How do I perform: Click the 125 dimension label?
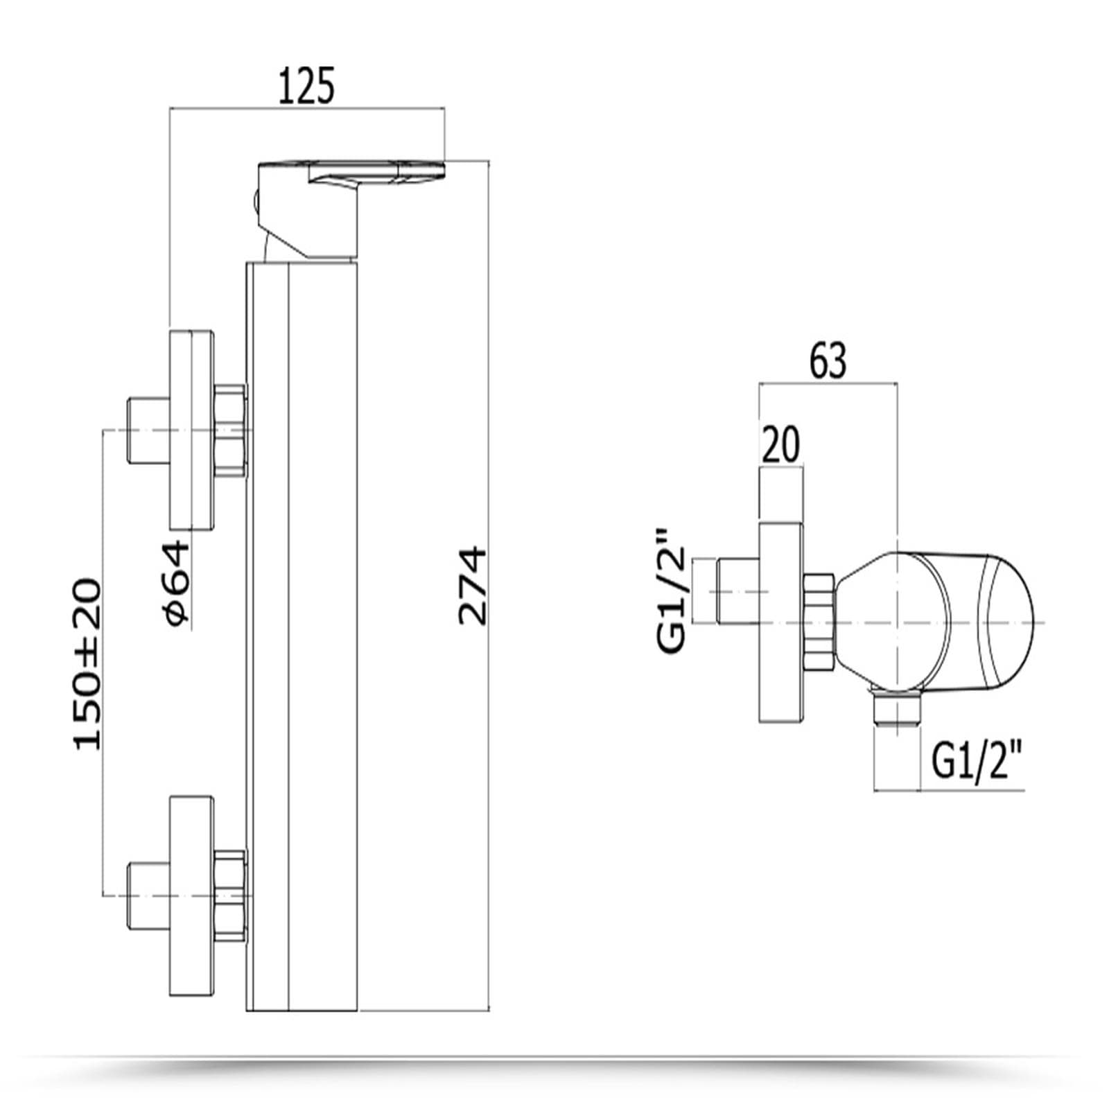[x=306, y=86]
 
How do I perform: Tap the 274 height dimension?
[x=473, y=586]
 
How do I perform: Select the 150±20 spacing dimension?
[x=87, y=663]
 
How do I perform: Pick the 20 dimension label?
[x=780, y=444]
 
